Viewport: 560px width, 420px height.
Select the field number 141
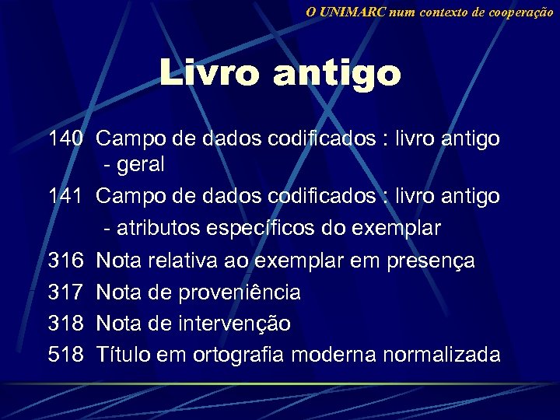point(65,197)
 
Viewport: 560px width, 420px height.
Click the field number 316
point(65,261)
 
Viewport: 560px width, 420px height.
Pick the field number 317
point(65,292)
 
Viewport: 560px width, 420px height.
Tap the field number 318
point(65,324)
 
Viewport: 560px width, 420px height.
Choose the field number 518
point(65,355)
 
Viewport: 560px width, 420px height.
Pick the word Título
point(121,355)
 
